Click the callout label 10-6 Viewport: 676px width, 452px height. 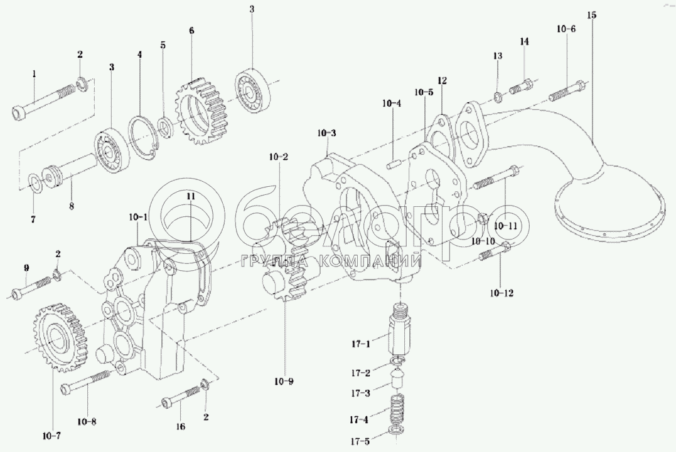click(565, 29)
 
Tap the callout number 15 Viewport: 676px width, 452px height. click(591, 14)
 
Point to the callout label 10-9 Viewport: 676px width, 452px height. click(284, 381)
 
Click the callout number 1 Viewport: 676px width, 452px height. click(35, 74)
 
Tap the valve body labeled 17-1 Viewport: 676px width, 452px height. click(399, 332)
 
